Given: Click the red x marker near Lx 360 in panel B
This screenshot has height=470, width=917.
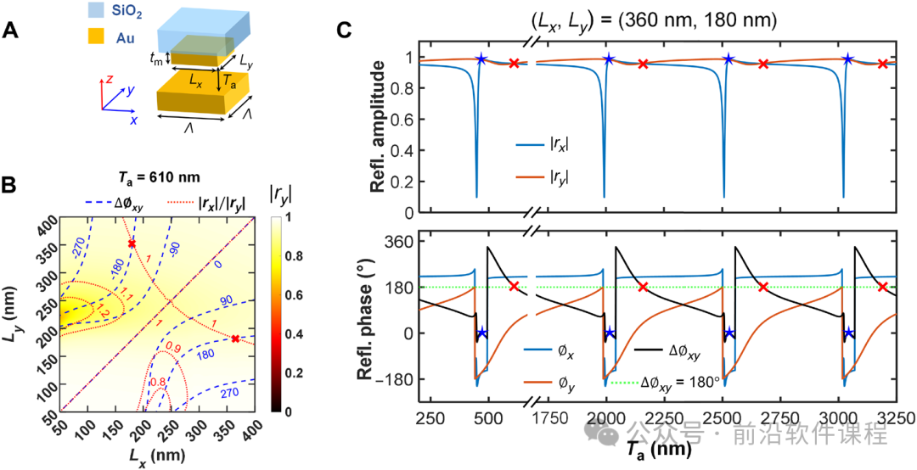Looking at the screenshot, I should (235, 339).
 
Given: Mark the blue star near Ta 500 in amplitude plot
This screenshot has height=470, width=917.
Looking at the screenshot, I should (481, 59).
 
